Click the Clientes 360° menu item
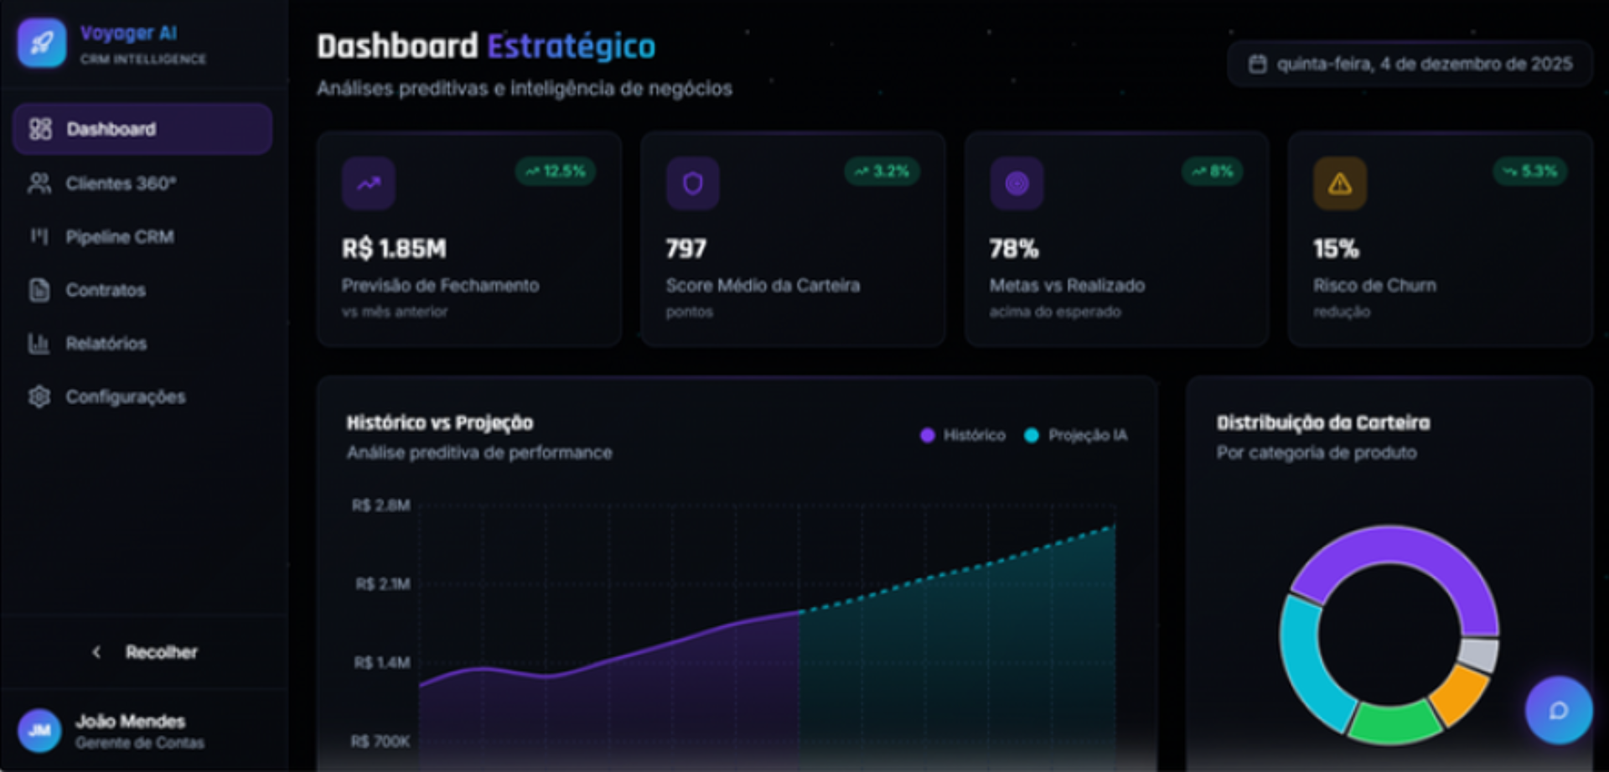(121, 183)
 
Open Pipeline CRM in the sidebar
(120, 236)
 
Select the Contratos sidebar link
(106, 290)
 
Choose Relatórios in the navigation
(106, 343)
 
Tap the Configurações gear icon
(39, 396)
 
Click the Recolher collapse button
(144, 652)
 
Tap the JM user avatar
(39, 730)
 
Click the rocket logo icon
(42, 43)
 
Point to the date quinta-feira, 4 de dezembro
(1425, 64)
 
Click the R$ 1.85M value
(394, 248)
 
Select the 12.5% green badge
(556, 171)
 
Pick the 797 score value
(686, 248)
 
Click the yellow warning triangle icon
(1339, 183)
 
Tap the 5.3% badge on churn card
(1529, 171)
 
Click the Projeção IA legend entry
(1076, 435)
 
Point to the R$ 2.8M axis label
(381, 505)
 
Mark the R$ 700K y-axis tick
(380, 742)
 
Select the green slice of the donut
(1393, 723)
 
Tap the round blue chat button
(1559, 711)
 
